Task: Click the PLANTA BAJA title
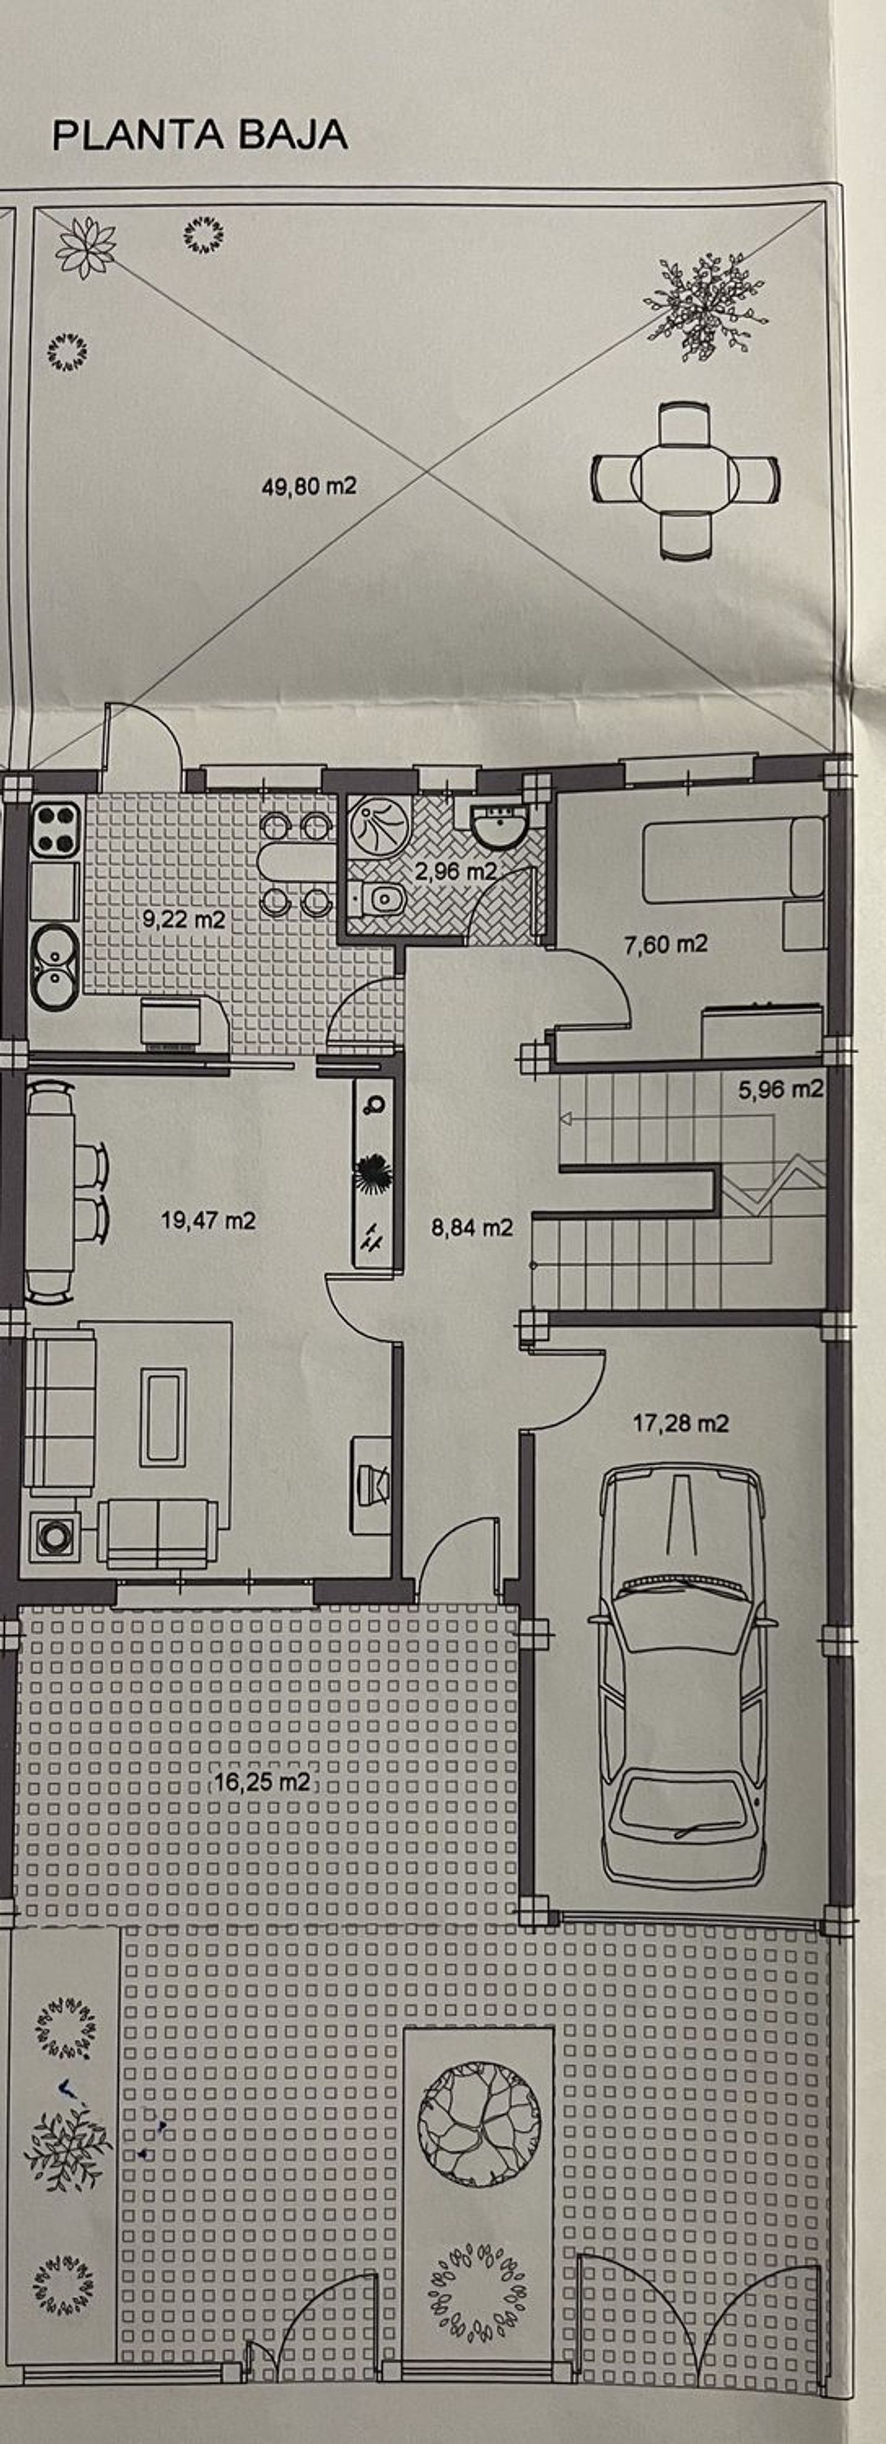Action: (200, 135)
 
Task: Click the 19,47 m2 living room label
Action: (208, 1220)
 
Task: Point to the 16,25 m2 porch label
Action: (262, 1782)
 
